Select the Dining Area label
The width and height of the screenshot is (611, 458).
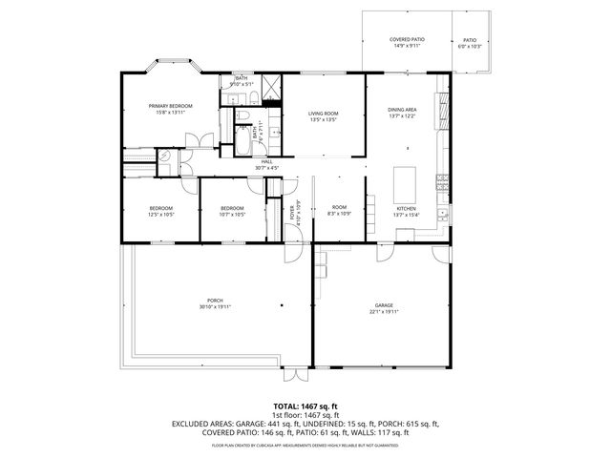pyautogui.click(x=403, y=110)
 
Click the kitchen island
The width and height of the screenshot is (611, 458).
pyautogui.click(x=407, y=179)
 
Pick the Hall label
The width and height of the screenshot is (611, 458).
pyautogui.click(x=267, y=162)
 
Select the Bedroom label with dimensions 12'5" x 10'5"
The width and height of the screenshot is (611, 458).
pyautogui.click(x=160, y=211)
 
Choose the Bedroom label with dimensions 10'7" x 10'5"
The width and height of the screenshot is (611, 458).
pyautogui.click(x=233, y=211)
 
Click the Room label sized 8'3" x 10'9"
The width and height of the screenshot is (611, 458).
pyautogui.click(x=339, y=211)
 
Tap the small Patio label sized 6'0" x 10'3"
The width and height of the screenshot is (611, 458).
pyautogui.click(x=470, y=42)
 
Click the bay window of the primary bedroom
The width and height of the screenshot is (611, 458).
pyautogui.click(x=173, y=68)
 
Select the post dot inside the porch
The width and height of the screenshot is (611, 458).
pyautogui.click(x=282, y=306)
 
